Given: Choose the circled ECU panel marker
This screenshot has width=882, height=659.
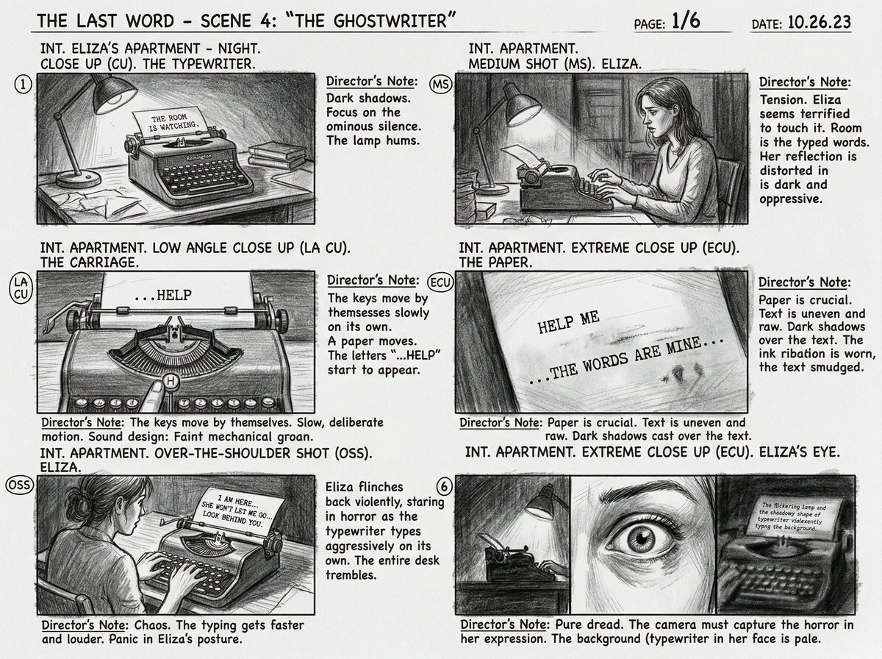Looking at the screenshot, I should [440, 283].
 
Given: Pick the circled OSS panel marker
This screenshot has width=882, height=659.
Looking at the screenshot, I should [18, 485].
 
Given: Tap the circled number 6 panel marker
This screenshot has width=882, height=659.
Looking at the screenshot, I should [442, 485].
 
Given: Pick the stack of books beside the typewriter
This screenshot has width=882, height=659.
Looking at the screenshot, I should [276, 154].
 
